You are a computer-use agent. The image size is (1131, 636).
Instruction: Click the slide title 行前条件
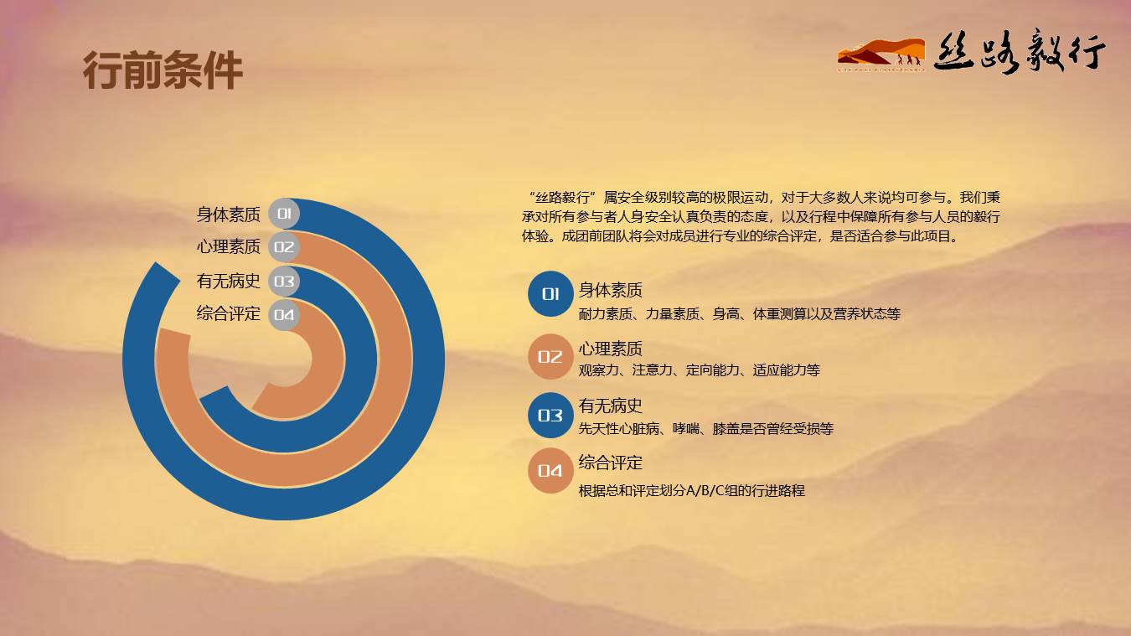(x=163, y=70)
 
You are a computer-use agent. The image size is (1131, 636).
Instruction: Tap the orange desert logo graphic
(x=881, y=54)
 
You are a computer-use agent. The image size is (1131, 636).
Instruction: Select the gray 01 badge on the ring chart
(x=284, y=214)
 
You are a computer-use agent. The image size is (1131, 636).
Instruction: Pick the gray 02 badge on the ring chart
(x=284, y=247)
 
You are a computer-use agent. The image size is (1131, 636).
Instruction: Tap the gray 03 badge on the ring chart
(x=284, y=282)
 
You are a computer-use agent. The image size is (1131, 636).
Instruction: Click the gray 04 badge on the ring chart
(x=284, y=315)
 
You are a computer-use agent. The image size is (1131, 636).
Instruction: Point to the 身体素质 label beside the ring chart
(x=228, y=215)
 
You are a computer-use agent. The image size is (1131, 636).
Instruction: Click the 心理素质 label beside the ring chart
(x=228, y=247)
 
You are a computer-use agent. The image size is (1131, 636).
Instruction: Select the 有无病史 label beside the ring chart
(x=228, y=281)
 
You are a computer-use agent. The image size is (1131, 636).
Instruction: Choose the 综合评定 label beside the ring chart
(x=228, y=313)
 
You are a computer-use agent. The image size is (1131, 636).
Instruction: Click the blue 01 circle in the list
(x=550, y=294)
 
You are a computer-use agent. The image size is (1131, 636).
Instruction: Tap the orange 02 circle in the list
(x=550, y=357)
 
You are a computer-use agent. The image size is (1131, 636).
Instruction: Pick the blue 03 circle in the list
(x=550, y=416)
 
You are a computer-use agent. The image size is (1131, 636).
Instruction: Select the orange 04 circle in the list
(x=550, y=471)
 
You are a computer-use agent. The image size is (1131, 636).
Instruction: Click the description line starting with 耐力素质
(x=739, y=314)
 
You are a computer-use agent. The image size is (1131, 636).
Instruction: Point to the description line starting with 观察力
(x=699, y=370)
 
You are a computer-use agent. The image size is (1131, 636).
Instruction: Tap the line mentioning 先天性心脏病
(x=705, y=429)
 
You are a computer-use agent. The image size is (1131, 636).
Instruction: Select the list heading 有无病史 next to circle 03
(x=610, y=406)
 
